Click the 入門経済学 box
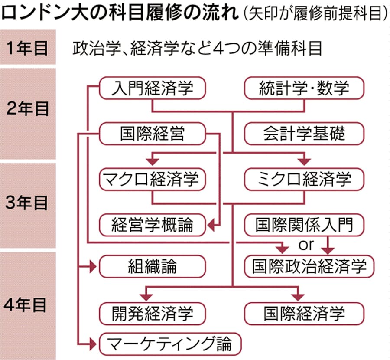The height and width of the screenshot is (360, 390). (x=152, y=88)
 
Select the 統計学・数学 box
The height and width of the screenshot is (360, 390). (x=304, y=88)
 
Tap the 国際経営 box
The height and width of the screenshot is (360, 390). (x=152, y=134)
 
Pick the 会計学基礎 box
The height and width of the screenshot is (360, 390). (x=304, y=134)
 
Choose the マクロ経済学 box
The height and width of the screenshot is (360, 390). (x=152, y=179)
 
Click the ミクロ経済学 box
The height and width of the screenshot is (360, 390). (x=304, y=179)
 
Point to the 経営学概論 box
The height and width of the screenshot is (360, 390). (x=152, y=225)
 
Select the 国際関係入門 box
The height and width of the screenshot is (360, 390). (x=304, y=225)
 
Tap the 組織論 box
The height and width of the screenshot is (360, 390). (x=152, y=266)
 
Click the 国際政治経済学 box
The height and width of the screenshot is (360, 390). (x=309, y=266)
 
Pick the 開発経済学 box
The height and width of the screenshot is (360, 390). (x=152, y=314)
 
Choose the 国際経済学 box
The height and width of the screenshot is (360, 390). (x=304, y=314)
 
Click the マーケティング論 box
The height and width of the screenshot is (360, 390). (x=170, y=344)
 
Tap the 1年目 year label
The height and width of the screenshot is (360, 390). (x=27, y=48)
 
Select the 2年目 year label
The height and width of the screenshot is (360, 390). (x=27, y=109)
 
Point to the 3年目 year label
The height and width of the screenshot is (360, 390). (x=26, y=203)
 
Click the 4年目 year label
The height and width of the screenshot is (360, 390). (x=26, y=305)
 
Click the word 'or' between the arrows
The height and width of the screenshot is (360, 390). (x=306, y=245)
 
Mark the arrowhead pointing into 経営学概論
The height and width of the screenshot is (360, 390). (x=211, y=226)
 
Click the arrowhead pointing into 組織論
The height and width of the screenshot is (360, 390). (x=93, y=267)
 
